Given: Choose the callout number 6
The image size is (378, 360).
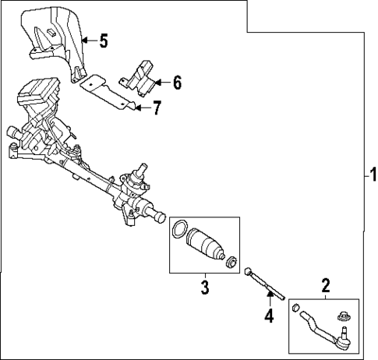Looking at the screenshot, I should (x=178, y=82).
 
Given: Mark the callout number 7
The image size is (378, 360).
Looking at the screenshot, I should (x=157, y=108).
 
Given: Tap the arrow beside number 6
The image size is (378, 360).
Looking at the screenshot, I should (x=163, y=82).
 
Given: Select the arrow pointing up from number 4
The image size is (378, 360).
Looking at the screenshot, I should (x=269, y=302).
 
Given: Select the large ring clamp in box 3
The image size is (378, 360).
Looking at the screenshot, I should (x=179, y=228).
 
